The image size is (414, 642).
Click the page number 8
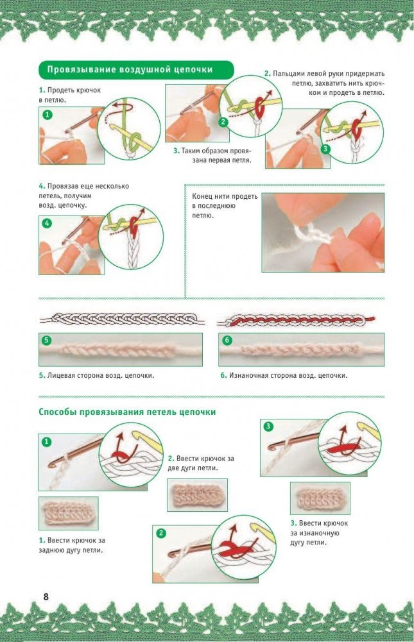coord(46,596)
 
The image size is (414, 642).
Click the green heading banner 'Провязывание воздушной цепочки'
coord(136,70)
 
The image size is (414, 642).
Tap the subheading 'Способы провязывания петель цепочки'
coord(127,412)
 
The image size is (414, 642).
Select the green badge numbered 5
coord(46,341)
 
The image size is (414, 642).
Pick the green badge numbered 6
coord(227,341)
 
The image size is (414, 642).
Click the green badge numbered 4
coord(47,223)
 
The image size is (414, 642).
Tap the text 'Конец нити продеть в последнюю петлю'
coord(225,205)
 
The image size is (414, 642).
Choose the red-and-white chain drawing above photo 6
coord(296,320)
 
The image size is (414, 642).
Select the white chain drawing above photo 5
coord(122,319)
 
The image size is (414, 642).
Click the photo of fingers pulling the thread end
coord(323,233)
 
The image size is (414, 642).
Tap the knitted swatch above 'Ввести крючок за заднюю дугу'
coord(69,513)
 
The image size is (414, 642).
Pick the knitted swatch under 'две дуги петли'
coord(197,495)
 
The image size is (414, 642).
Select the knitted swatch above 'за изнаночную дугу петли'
coord(320,498)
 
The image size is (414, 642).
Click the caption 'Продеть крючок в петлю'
coord(70,95)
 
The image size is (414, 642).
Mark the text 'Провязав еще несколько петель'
coord(84,190)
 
